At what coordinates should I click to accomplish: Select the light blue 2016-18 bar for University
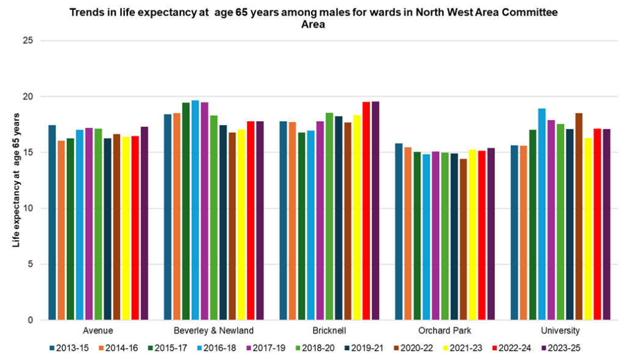(541, 214)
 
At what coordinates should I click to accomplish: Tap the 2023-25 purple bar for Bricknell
(375, 211)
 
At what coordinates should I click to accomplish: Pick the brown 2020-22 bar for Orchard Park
(464, 239)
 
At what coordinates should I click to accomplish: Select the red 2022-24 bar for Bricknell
(366, 211)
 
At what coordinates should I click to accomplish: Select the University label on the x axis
(560, 331)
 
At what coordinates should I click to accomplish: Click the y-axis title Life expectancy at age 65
(18, 180)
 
